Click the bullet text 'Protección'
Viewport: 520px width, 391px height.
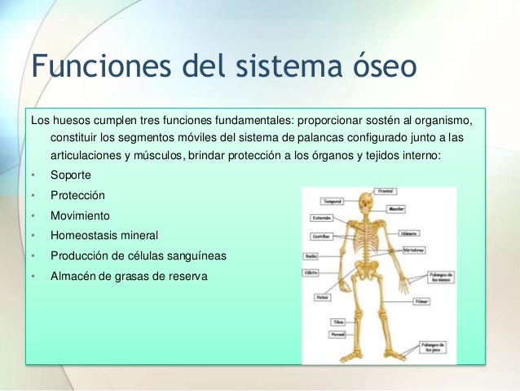pos(77,196)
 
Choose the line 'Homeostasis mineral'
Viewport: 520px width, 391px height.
pos(104,235)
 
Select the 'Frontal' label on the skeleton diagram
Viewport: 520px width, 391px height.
pos(387,191)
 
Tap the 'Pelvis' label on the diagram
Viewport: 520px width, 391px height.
pos(323,296)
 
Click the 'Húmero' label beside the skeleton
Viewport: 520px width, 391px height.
pos(410,233)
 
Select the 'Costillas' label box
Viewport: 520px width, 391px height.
pos(321,235)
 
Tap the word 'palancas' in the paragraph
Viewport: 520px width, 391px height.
pos(346,138)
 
